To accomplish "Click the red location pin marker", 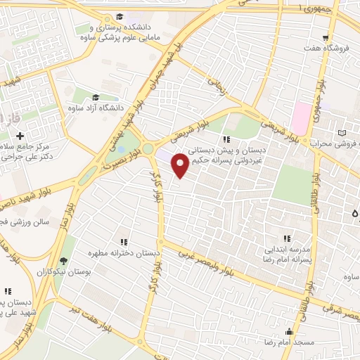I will coord(181,165).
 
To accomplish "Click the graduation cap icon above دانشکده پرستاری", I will coord(120,15).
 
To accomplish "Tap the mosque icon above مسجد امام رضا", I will coord(288,331).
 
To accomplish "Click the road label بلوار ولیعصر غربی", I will coord(204,258).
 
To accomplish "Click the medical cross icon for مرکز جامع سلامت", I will coord(20,135).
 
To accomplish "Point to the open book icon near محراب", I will coord(342,132).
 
